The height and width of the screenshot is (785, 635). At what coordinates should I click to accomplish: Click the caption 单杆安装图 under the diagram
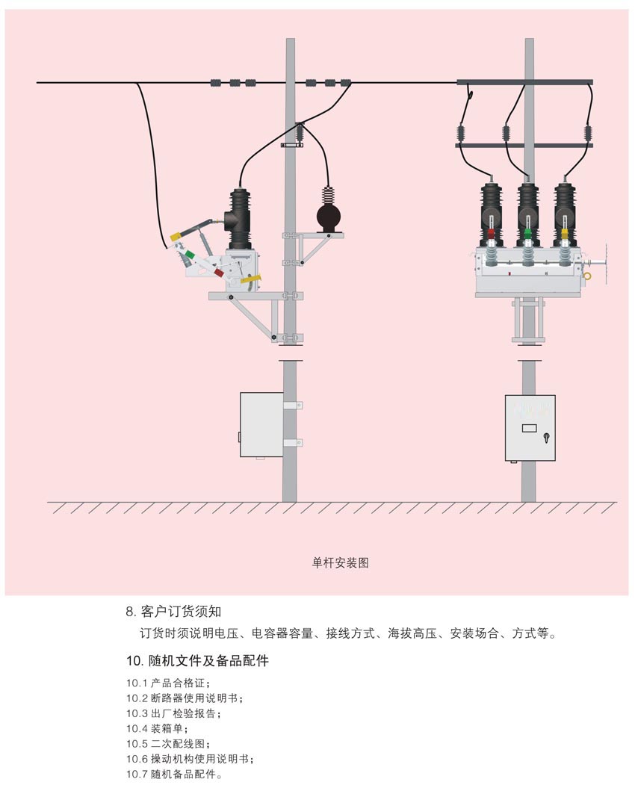(340, 563)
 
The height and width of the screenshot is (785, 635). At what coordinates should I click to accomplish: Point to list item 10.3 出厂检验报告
(173, 713)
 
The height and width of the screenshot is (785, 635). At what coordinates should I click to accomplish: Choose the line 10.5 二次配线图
(168, 744)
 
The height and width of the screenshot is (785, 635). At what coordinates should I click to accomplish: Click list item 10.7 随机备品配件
(173, 775)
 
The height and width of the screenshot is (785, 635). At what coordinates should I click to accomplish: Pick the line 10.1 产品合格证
(168, 683)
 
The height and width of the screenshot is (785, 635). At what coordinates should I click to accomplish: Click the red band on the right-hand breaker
(491, 233)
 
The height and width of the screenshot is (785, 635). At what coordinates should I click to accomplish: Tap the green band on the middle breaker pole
(527, 233)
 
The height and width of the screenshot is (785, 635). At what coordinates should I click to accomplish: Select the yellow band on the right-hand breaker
(564, 233)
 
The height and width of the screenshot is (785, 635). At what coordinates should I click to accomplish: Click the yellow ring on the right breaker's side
(588, 276)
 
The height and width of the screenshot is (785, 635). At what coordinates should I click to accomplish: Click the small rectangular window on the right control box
(529, 429)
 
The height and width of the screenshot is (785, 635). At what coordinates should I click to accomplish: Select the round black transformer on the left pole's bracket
(326, 219)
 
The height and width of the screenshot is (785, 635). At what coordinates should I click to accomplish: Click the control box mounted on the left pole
(261, 424)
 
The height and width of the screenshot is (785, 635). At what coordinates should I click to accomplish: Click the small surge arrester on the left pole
(299, 134)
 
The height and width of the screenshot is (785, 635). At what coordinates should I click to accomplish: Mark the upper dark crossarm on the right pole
(524, 81)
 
